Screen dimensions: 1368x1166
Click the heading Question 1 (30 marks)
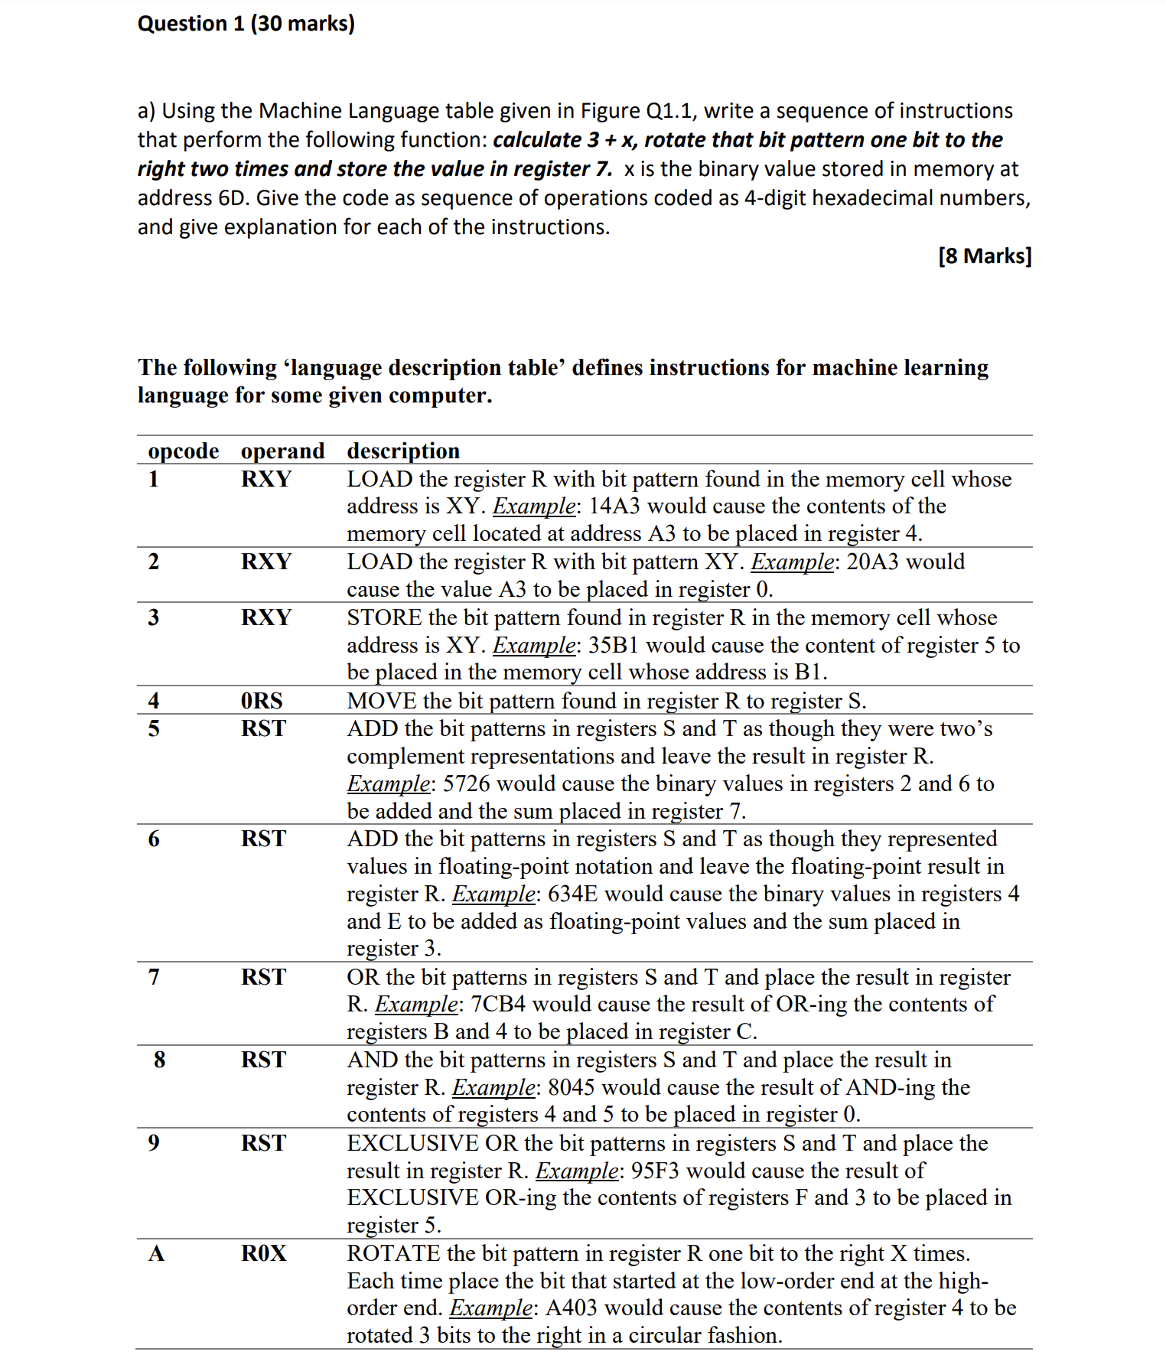[x=246, y=24]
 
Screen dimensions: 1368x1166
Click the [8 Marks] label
[x=984, y=256]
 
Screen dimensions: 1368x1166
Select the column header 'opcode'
[x=183, y=451]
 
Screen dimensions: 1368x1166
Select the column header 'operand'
[x=282, y=451]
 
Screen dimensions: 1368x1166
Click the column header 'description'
[x=403, y=451]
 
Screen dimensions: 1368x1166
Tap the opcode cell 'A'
[x=156, y=1254]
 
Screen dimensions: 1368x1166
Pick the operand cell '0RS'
[x=262, y=701]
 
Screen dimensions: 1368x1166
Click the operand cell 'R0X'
[x=264, y=1254]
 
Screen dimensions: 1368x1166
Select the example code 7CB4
[x=497, y=1005]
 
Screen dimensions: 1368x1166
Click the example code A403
[x=571, y=1308]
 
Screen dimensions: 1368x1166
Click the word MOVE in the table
[x=382, y=702]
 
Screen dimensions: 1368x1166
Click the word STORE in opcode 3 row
[x=384, y=618]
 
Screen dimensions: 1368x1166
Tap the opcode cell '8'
[x=159, y=1060]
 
